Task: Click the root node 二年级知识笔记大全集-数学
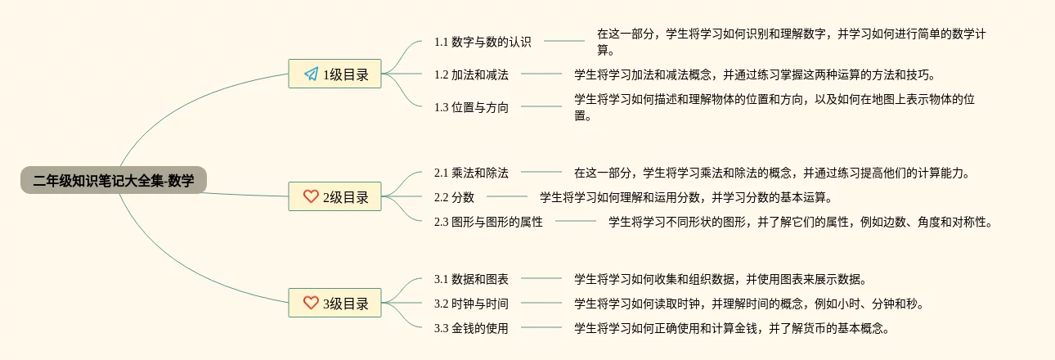tap(114, 181)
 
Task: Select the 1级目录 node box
tap(335, 74)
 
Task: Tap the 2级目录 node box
tap(335, 196)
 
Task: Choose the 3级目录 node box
tap(335, 303)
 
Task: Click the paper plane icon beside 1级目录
tap(311, 74)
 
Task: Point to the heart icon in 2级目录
tap(311, 196)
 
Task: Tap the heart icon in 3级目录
tap(311, 303)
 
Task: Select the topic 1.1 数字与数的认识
tap(483, 41)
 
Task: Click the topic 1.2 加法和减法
tap(471, 74)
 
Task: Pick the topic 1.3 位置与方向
tap(471, 107)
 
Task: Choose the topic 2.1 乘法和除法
tap(471, 173)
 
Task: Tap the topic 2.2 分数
tap(454, 197)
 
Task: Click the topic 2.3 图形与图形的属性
tap(488, 222)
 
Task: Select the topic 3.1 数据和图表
tap(471, 279)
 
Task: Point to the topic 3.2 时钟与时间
tap(471, 304)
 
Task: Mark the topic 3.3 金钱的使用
tap(471, 329)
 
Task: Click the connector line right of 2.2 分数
tap(507, 196)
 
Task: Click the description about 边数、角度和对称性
tap(800, 222)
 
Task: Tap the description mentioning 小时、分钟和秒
tap(749, 304)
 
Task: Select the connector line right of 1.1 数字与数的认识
tap(564, 40)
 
